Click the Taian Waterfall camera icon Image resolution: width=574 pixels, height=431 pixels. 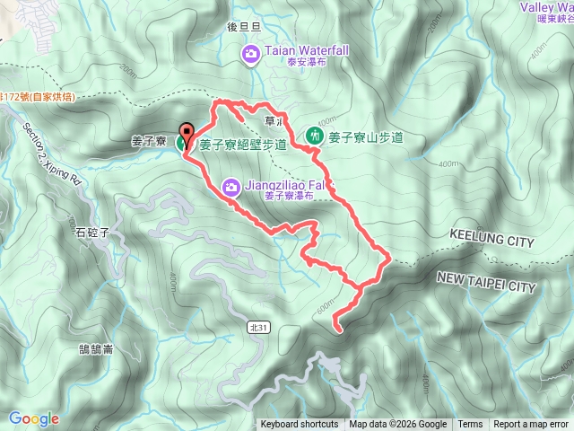(251, 56)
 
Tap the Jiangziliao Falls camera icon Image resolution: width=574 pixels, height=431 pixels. (231, 187)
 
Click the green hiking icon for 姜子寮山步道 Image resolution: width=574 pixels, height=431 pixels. (314, 136)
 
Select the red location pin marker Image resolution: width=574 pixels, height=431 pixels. (187, 134)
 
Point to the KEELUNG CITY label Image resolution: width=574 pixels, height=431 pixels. (490, 242)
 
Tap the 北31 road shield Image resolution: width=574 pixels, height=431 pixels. (260, 328)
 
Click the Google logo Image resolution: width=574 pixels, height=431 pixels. (33, 418)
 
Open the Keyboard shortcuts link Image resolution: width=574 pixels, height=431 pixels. (300, 425)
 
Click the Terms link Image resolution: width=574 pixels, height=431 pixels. (470, 425)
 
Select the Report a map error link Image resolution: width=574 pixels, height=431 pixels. (531, 425)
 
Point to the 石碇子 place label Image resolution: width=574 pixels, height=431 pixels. (92, 232)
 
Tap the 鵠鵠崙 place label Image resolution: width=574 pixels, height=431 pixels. (95, 325)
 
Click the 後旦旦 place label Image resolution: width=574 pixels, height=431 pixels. (244, 27)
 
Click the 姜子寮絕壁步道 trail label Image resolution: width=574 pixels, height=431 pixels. (243, 144)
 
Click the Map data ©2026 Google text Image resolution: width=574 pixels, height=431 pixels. (398, 425)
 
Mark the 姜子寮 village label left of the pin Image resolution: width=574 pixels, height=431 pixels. (148, 142)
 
